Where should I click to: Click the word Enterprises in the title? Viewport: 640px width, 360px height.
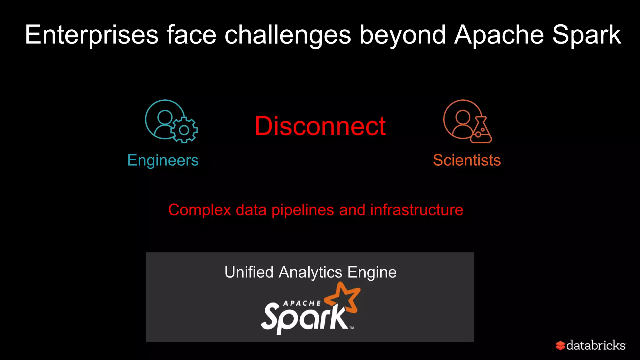[92, 35]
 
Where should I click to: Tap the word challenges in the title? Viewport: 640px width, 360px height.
[287, 35]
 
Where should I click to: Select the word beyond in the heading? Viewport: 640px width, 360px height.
[402, 35]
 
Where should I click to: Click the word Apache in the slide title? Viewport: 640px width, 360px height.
[499, 35]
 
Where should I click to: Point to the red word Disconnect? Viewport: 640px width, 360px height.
[320, 126]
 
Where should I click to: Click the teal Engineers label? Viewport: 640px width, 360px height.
[163, 160]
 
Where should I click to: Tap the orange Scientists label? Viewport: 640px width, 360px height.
[467, 160]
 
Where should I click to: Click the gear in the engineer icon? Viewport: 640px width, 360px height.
[184, 130]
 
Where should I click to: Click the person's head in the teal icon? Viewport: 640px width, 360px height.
[165, 117]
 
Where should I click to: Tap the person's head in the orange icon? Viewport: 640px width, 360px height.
[463, 117]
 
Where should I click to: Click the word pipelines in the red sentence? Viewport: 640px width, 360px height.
[302, 210]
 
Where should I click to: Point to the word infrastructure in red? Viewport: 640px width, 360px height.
[417, 210]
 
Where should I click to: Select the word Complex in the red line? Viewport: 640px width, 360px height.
[200, 210]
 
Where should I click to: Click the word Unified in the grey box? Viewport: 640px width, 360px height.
[249, 272]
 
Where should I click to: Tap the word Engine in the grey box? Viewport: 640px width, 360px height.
[372, 272]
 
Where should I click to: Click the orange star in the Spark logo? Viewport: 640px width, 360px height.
[344, 297]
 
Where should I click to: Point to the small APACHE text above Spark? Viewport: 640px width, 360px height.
[302, 303]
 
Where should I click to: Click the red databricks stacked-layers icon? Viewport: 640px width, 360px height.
[560, 346]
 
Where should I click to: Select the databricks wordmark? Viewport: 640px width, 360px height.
[596, 345]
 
